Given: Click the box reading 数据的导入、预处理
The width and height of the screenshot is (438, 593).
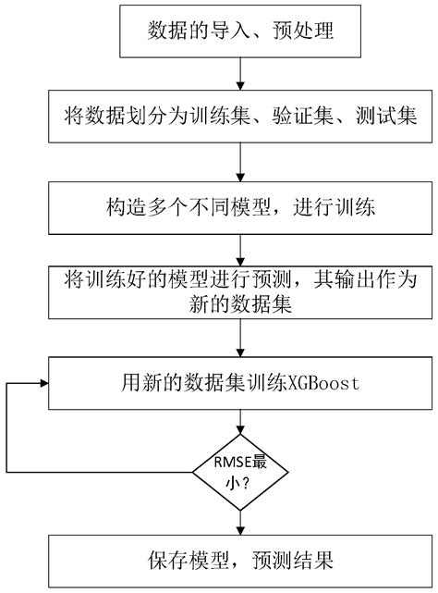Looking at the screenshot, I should click(241, 33).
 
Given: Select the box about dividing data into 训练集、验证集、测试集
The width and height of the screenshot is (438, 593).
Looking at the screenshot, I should click(241, 118).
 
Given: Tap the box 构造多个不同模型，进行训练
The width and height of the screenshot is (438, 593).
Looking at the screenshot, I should click(241, 204).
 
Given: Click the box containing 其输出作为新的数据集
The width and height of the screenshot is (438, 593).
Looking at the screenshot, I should click(241, 293).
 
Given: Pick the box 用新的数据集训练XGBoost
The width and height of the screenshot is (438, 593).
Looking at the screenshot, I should click(241, 381).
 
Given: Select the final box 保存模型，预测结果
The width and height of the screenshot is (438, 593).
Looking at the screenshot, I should click(241, 560).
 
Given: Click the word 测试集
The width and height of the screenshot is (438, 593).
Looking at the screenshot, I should click(387, 118).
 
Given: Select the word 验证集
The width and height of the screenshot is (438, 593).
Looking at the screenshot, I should click(301, 118).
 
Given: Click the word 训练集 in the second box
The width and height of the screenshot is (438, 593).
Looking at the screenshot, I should click(217, 118).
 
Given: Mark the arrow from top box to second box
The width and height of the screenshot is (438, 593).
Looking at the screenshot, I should click(241, 75).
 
